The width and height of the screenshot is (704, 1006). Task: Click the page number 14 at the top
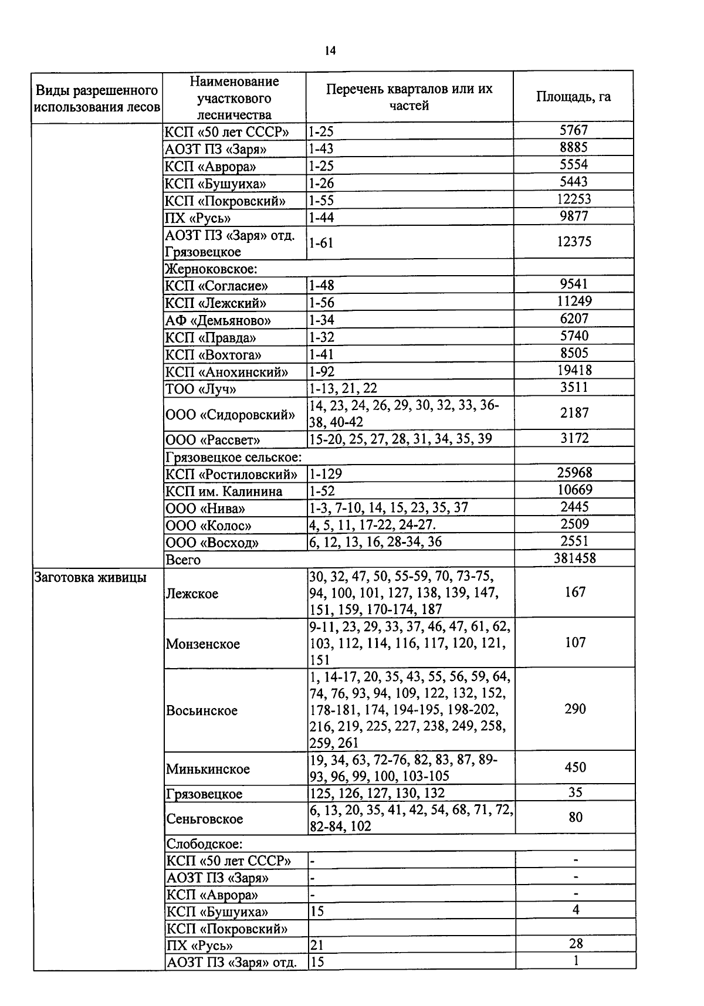[x=330, y=51]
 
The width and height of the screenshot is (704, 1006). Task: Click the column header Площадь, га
[x=573, y=97]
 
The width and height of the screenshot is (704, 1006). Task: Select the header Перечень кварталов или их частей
[x=409, y=97]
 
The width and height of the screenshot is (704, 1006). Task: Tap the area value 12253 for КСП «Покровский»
[x=573, y=199]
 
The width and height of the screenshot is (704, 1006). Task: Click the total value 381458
[x=574, y=558]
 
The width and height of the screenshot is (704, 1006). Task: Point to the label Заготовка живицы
[x=90, y=577]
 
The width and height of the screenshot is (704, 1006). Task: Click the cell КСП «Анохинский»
[x=226, y=372]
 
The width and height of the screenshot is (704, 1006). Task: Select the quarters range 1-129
[x=326, y=473]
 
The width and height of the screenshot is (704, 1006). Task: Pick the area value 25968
[x=574, y=473]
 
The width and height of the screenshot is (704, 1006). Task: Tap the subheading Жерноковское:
[x=211, y=269]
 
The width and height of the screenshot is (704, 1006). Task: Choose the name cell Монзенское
[x=203, y=644]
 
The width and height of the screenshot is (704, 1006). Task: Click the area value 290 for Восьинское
[x=575, y=709]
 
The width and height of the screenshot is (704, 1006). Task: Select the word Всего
[x=183, y=560]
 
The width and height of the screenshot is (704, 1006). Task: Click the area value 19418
[x=574, y=370]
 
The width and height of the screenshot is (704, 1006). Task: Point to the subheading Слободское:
[x=204, y=844]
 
